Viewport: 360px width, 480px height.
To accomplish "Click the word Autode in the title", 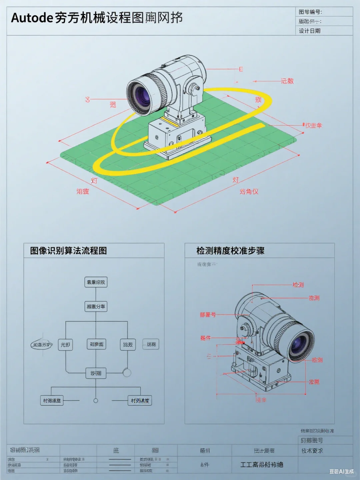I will point(32,18).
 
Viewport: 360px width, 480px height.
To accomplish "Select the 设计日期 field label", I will point(309,31).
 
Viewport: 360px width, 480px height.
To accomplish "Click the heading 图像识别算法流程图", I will point(68,251).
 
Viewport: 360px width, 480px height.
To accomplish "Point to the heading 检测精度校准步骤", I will point(230,251).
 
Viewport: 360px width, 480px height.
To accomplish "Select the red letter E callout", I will point(241,69).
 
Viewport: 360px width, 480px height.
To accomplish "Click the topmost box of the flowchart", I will point(96,282).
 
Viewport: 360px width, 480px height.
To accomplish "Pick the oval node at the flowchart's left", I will point(42,345).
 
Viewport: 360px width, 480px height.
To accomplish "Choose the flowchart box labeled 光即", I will point(65,345).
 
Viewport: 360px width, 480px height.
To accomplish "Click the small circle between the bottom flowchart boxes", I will point(96,401).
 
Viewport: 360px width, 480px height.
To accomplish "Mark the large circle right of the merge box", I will point(127,372).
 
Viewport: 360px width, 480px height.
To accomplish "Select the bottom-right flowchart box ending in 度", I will point(140,401).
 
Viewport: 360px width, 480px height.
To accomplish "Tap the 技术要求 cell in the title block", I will point(312,451).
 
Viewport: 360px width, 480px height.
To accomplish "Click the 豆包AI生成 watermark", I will point(341,471).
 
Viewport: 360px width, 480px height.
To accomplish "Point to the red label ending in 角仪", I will point(249,191).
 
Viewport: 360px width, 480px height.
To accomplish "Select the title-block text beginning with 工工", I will point(262,465).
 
